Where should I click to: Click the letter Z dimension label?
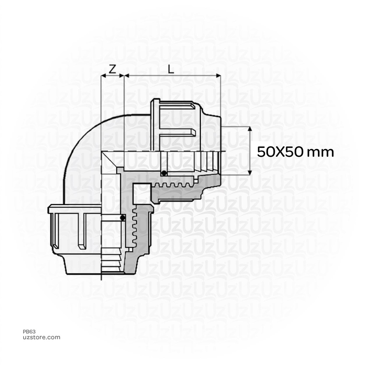point(112,69)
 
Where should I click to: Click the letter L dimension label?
point(171,69)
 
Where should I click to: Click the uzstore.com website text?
point(41,337)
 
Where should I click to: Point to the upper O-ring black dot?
point(164,174)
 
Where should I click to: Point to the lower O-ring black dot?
point(123,218)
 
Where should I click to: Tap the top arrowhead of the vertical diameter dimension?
point(250,129)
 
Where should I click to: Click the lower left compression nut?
point(73,228)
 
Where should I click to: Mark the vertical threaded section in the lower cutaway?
point(136,228)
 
